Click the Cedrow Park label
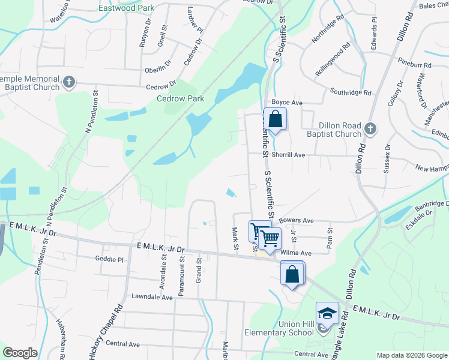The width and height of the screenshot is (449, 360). click(180, 98)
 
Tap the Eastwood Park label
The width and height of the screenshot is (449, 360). click(126, 8)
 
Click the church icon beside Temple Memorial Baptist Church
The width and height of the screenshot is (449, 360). click(69, 82)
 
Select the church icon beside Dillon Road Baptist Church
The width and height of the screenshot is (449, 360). click(370, 128)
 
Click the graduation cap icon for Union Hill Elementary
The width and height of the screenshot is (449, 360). click(327, 313)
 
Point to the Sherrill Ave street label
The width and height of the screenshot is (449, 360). click(289, 155)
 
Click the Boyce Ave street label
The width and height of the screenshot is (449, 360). click(286, 103)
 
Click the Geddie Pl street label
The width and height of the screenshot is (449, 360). click(109, 260)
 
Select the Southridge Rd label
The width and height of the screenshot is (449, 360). click(351, 92)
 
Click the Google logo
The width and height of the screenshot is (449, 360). click(20, 352)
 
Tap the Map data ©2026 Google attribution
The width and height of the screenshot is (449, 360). click(412, 355)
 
